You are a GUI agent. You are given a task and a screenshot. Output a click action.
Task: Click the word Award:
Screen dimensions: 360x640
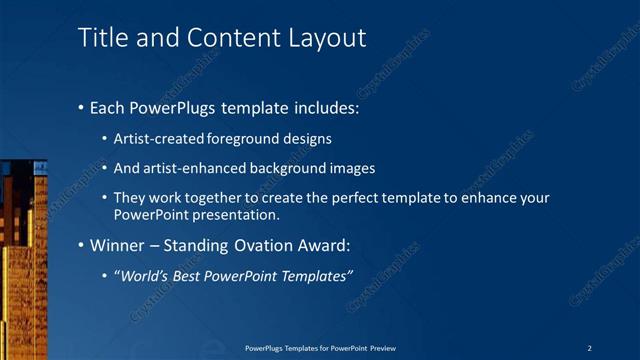[x=325, y=245]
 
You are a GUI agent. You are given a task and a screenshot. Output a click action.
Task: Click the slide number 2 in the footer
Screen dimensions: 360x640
[x=591, y=347]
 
